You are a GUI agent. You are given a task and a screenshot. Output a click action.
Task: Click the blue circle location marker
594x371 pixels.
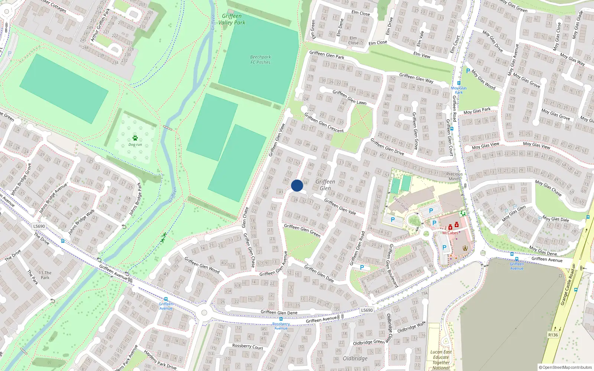(297, 185)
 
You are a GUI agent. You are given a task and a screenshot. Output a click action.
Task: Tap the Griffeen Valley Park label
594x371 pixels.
(232, 19)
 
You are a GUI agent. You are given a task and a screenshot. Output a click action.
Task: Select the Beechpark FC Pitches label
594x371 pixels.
(260, 60)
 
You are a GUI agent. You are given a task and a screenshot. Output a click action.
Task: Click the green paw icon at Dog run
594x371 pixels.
(135, 138)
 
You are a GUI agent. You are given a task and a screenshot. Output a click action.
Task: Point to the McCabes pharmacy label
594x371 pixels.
(450, 233)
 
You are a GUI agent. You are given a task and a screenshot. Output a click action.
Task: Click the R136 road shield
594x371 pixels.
(553, 335)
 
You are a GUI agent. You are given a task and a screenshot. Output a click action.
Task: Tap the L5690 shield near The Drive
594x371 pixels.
(39, 226)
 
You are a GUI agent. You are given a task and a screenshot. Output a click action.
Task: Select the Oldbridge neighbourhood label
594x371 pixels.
(355, 358)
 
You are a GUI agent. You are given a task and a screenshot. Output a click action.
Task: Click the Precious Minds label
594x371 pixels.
(454, 176)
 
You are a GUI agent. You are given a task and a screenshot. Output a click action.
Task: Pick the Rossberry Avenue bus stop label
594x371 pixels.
(281, 326)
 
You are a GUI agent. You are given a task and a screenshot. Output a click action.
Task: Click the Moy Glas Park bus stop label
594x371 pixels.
(459, 90)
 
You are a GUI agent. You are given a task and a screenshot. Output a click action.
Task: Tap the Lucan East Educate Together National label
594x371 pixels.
(441, 360)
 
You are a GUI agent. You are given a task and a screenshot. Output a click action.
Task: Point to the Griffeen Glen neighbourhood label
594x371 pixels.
(325, 185)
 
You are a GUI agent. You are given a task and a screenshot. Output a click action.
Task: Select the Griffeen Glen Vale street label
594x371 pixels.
(340, 207)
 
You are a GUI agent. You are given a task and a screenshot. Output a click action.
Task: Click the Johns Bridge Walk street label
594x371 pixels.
(82, 222)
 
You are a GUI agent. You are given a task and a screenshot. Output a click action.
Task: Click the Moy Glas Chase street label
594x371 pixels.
(548, 188)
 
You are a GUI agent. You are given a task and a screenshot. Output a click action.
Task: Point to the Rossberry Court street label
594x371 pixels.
(247, 347)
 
